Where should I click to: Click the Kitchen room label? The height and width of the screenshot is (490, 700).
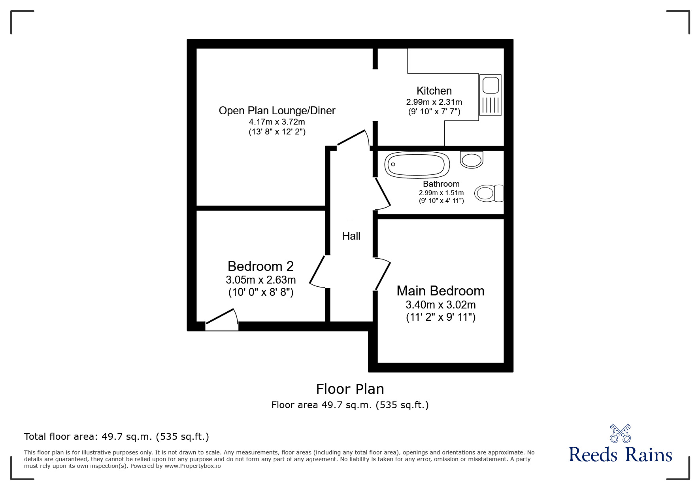(434, 91)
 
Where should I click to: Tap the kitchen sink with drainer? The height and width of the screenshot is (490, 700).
(491, 95)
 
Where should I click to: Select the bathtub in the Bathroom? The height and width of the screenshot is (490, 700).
(417, 164)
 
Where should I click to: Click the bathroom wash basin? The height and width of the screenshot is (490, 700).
(472, 159)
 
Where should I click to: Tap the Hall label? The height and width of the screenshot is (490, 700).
(351, 236)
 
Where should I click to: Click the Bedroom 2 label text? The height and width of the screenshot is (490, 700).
(261, 266)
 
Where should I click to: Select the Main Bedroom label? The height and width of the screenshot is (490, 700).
(440, 291)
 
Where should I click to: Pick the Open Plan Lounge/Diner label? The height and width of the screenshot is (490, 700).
(277, 111)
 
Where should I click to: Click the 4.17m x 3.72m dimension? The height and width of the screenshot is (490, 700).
(277, 122)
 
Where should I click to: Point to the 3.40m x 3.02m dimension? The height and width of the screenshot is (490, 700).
(441, 305)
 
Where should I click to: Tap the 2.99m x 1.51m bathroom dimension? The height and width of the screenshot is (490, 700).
(442, 193)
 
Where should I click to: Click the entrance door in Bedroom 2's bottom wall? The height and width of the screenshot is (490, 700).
(222, 320)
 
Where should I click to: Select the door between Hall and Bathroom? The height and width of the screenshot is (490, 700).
(383, 194)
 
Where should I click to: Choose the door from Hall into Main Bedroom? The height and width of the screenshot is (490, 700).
(383, 274)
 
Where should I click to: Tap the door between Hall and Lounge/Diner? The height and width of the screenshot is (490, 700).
(353, 139)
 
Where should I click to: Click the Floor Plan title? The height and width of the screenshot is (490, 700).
(350, 389)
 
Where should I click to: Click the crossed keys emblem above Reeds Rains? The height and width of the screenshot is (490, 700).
(621, 433)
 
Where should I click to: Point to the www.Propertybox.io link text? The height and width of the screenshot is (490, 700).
(192, 466)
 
